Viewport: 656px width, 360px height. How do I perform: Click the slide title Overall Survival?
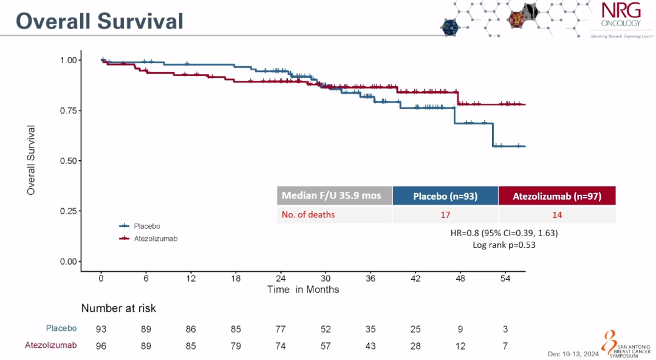pos(100,21)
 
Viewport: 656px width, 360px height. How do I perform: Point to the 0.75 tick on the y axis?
pos(69,110)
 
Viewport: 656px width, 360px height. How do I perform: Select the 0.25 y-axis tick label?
pos(69,211)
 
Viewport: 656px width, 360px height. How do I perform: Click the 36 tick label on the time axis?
pos(371,278)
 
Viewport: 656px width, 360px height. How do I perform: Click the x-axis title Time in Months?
pos(303,290)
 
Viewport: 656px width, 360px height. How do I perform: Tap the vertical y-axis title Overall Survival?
pos(31,160)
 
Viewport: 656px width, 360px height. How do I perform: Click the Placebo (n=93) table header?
pos(445,196)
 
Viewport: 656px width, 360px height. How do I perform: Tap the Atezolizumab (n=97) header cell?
pos(556,196)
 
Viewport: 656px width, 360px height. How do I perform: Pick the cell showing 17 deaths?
pos(445,214)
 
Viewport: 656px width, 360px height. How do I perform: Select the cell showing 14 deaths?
pos(556,214)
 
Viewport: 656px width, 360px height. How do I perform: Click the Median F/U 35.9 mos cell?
pos(335,196)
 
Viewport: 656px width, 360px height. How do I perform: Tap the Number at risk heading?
pos(118,308)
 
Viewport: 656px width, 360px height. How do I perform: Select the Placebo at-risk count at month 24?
pos(281,329)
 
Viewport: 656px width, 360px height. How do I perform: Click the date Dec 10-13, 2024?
pos(573,353)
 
